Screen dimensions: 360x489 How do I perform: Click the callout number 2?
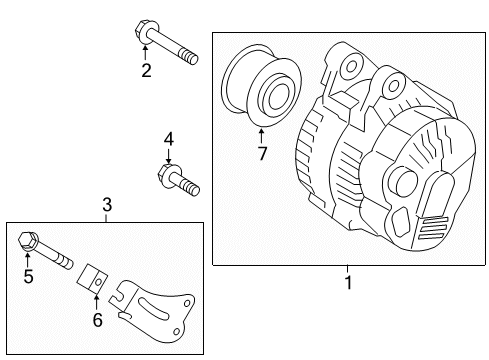coord(146,69)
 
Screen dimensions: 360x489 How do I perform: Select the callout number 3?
coord(107,205)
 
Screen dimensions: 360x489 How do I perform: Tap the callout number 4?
coord(168,138)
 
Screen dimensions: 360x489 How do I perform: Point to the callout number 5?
coord(28,276)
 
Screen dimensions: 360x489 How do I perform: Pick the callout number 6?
coord(98,319)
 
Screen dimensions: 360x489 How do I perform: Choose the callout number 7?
coord(263,153)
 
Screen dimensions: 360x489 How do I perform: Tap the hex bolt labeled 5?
coord(45,249)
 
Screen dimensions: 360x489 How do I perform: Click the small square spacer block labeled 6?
coord(93,276)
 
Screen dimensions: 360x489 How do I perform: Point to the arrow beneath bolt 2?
coord(145,53)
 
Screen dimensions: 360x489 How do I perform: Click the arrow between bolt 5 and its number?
coord(28,259)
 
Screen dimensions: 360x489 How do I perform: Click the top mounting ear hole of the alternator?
coord(351,67)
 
